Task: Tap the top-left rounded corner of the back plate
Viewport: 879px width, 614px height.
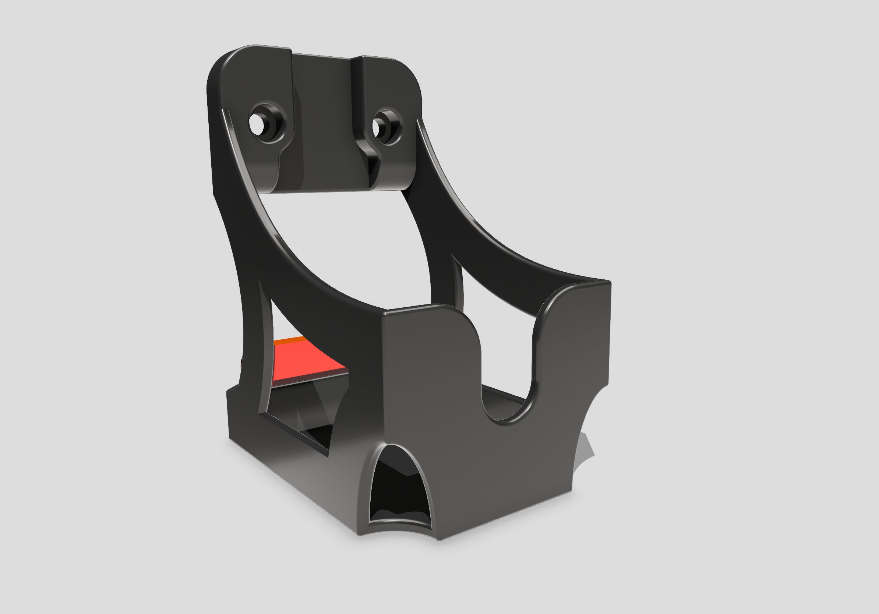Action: [222, 63]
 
